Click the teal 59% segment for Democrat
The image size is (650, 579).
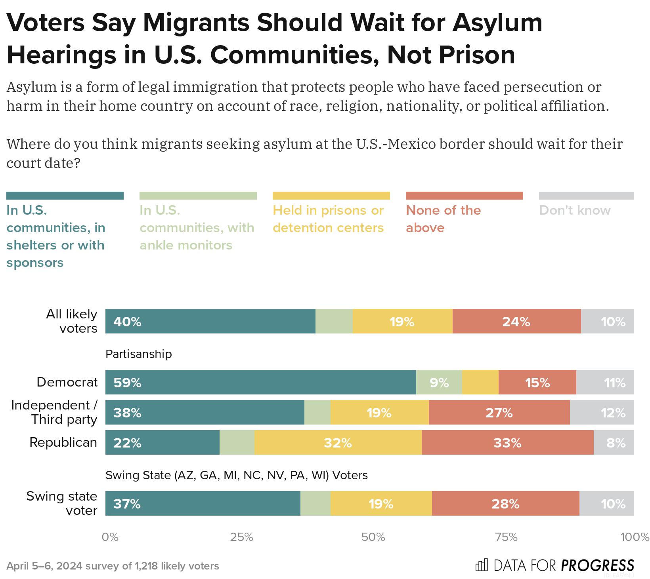point(260,382)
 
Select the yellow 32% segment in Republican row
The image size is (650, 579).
point(338,442)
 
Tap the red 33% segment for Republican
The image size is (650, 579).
point(507,442)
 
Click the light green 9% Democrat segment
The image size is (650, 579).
point(439,382)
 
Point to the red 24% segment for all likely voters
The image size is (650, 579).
point(516,321)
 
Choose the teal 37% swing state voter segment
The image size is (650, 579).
point(203,503)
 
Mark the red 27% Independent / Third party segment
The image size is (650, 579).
point(499,412)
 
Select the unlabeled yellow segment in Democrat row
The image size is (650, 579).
point(480,382)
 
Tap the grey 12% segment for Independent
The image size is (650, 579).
point(602,412)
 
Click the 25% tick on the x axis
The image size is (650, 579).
point(242,537)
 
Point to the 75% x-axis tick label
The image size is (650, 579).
point(507,537)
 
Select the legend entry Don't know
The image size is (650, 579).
point(575,210)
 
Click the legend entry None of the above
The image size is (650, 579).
point(443,219)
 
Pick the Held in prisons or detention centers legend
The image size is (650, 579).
point(328,219)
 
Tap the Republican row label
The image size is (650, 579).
point(63,442)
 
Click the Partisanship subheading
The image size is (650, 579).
point(139,354)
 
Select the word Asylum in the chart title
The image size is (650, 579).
point(497,23)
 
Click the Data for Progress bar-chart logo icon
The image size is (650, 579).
point(481,565)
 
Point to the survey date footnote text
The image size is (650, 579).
point(113,566)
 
